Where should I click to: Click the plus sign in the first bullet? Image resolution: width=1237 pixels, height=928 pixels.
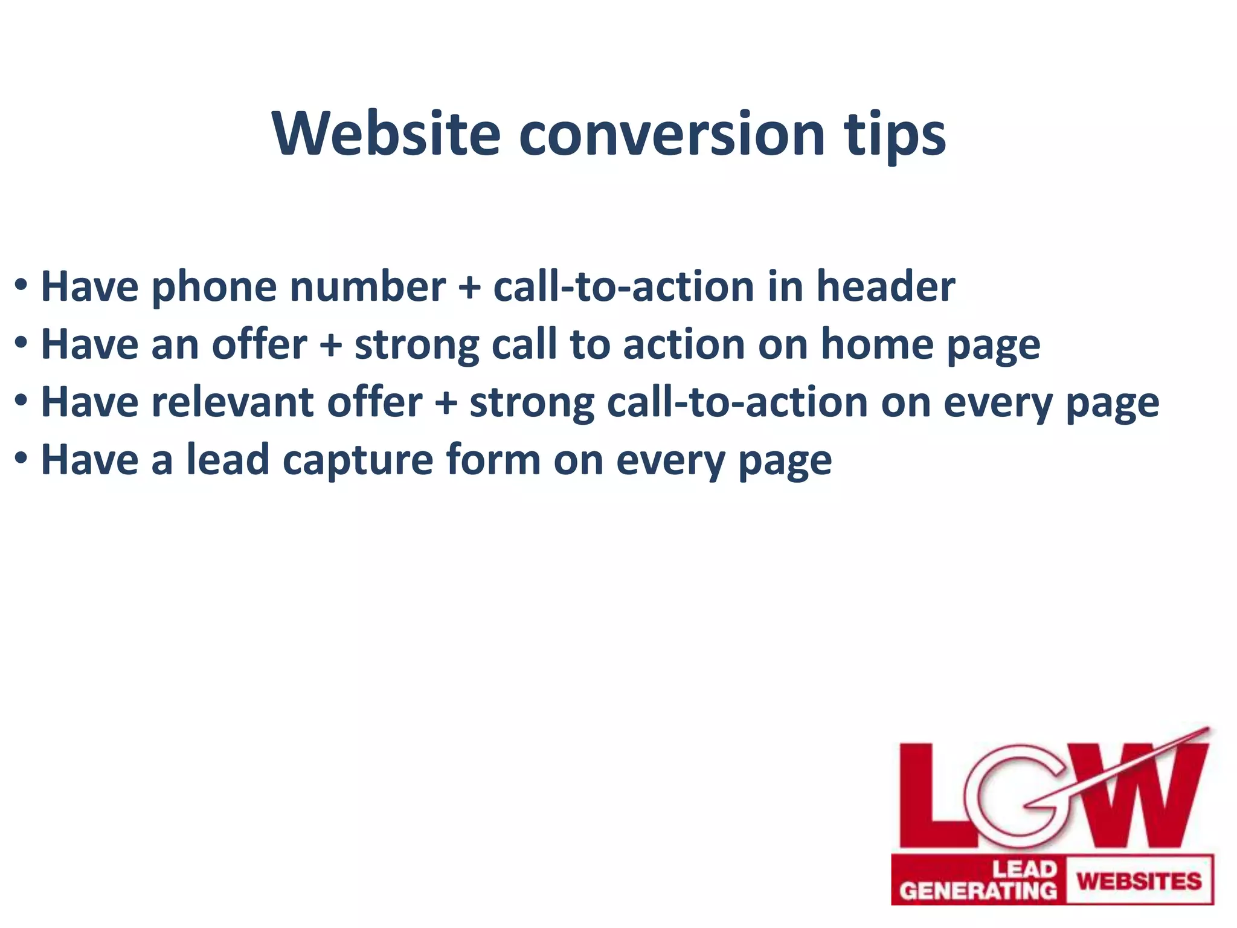click(x=469, y=288)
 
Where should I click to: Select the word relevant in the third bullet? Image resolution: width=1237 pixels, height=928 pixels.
click(x=232, y=402)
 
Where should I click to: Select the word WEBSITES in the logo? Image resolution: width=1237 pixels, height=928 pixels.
click(x=1139, y=880)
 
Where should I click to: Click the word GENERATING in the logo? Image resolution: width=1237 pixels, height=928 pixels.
click(x=978, y=891)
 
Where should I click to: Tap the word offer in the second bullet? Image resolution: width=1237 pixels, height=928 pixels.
click(x=259, y=344)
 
